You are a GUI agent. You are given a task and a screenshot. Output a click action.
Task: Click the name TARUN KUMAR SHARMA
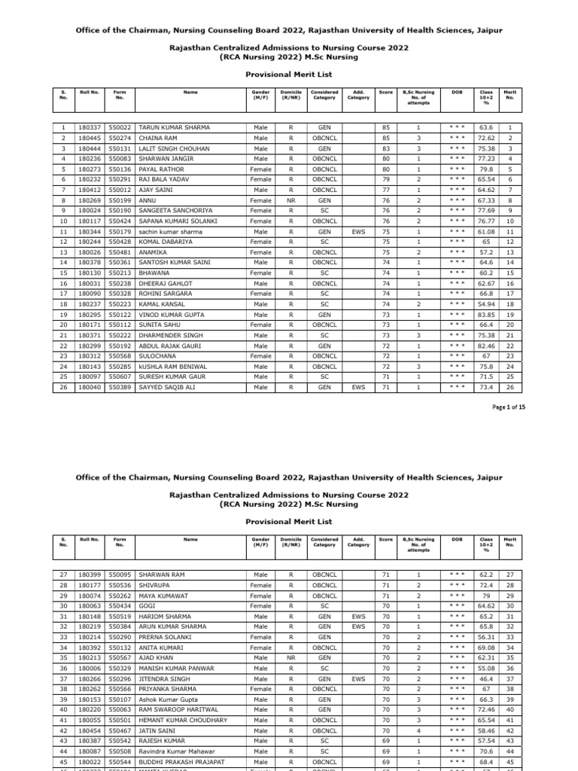coord(169,128)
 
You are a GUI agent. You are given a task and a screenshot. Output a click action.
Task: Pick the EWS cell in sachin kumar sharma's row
coord(357,231)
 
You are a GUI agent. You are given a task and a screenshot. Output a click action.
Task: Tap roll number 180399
coord(90,575)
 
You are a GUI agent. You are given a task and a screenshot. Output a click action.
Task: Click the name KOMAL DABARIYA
coord(164,242)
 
